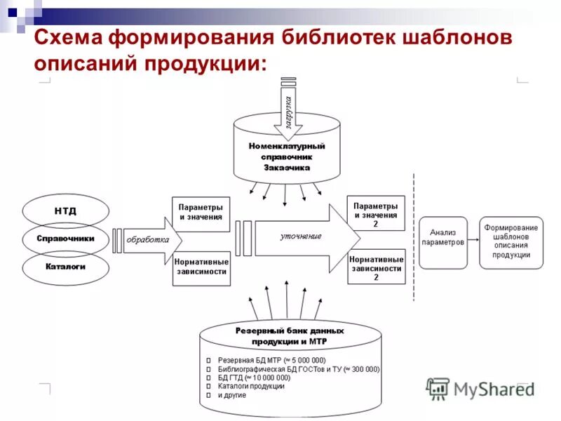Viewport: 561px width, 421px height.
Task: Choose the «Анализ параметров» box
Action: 442,238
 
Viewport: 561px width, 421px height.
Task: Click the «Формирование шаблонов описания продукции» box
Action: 511,241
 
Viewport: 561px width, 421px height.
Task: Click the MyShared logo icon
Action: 438,388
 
